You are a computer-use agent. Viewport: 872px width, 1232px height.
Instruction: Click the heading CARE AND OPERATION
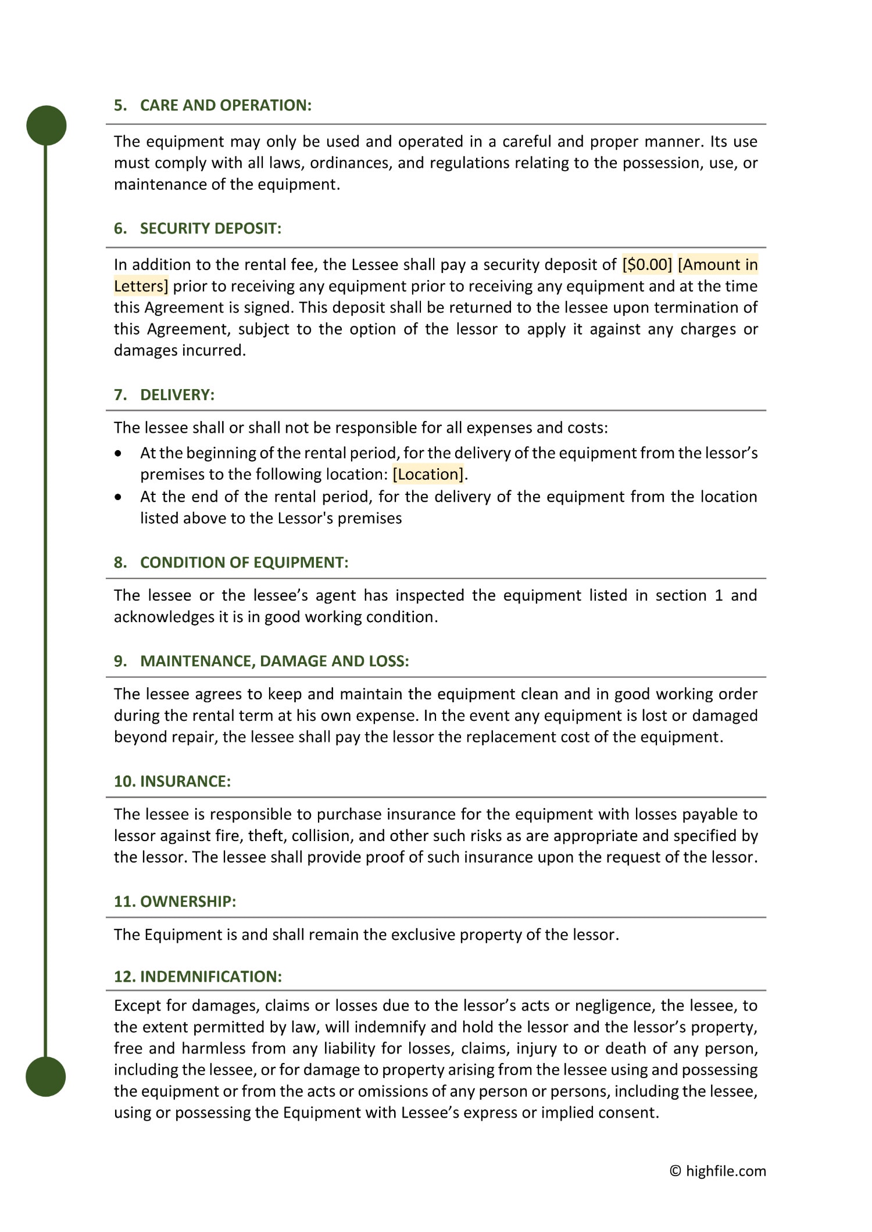[x=226, y=105]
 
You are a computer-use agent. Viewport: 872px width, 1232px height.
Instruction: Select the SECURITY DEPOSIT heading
[x=210, y=228]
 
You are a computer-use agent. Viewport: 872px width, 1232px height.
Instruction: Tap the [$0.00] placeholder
[x=647, y=265]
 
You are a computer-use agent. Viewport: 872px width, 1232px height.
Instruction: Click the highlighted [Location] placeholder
[x=429, y=475]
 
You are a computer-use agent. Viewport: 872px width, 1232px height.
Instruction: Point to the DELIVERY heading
[x=177, y=395]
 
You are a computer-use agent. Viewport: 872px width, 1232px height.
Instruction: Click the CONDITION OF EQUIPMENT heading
[x=244, y=562]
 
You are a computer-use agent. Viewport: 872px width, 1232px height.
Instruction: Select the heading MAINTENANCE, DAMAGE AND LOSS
[x=274, y=661]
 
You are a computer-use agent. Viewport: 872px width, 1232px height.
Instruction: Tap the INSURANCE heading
[x=185, y=781]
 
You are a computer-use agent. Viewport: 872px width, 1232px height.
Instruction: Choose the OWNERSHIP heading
[x=188, y=901]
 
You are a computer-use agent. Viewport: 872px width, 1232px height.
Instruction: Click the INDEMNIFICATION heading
[x=210, y=976]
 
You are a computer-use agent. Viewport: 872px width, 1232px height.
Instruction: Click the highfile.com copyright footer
[x=718, y=1171]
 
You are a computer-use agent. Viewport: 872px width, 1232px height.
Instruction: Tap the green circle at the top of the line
[x=47, y=125]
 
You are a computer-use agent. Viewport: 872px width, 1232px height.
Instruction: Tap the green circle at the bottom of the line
[x=46, y=1076]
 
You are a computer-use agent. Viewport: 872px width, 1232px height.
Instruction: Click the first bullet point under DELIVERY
[x=119, y=453]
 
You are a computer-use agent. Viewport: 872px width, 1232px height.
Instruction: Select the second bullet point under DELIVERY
[x=119, y=497]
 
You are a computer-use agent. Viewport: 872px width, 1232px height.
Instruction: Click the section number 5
[x=120, y=105]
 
